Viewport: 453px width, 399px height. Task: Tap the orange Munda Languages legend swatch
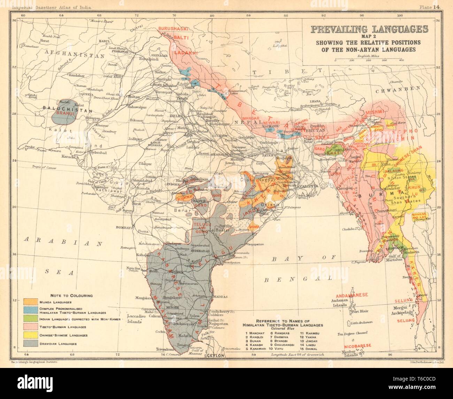click(31, 302)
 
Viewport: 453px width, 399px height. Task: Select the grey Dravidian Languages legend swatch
click(31, 344)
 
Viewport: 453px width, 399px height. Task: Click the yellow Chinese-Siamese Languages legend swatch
click(31, 335)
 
